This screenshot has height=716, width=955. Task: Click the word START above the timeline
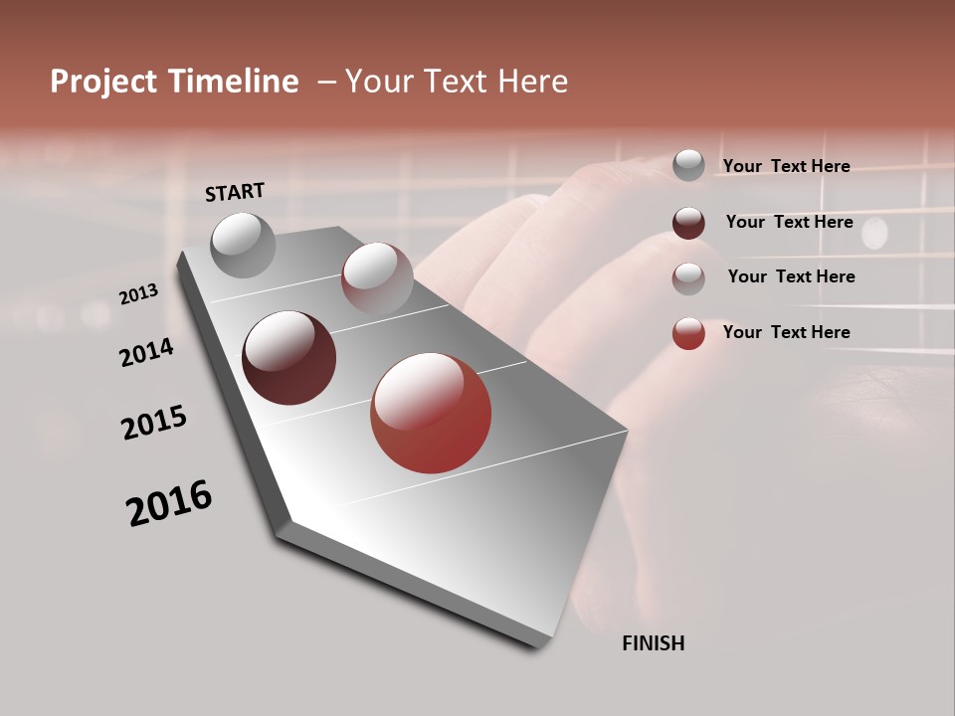(x=235, y=191)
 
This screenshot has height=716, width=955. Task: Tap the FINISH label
(x=653, y=643)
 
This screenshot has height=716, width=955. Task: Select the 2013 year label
(x=138, y=294)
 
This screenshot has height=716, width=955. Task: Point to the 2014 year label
(x=146, y=352)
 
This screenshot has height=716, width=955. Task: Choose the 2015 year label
(x=154, y=422)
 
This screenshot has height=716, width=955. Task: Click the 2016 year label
(x=169, y=503)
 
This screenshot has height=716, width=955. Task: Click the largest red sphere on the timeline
(x=431, y=413)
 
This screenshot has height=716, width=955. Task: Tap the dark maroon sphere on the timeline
(x=289, y=358)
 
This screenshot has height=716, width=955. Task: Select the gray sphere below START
(x=243, y=245)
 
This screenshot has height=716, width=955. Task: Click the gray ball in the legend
(x=688, y=165)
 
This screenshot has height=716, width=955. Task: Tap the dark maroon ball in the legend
(x=688, y=223)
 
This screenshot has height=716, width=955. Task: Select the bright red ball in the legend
(x=688, y=333)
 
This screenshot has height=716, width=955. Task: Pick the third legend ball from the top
(x=688, y=278)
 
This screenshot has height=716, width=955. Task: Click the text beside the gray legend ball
(x=786, y=166)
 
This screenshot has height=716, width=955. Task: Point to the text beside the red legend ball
(x=786, y=332)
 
